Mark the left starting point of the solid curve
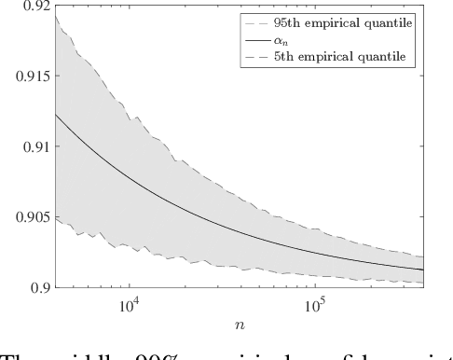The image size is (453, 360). (56, 115)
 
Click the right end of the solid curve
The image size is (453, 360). (424, 270)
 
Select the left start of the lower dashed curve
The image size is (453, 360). (56, 219)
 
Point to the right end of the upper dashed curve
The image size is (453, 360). (424, 256)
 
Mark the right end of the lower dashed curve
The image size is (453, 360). (424, 282)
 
